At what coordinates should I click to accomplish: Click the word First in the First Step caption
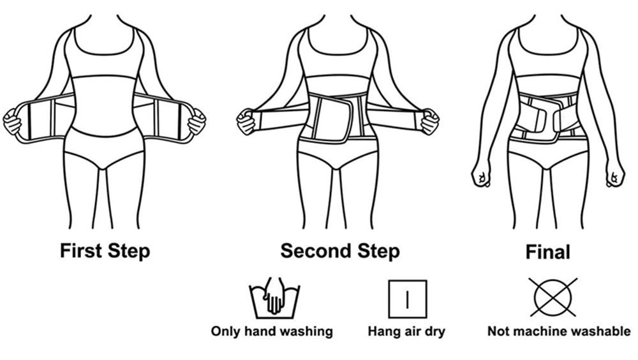click(x=80, y=250)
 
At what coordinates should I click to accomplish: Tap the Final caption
click(x=547, y=251)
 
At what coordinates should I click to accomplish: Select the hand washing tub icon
click(x=274, y=298)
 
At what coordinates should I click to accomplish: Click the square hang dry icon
click(x=407, y=299)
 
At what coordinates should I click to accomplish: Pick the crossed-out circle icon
click(x=553, y=297)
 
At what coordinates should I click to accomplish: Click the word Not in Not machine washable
click(x=498, y=331)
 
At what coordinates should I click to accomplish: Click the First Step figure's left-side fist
click(x=12, y=121)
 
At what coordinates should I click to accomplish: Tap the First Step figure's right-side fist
click(x=197, y=121)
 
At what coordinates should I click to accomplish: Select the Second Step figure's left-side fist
click(x=246, y=121)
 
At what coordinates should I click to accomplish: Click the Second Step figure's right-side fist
click(x=429, y=121)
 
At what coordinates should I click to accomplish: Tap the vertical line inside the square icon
click(x=407, y=299)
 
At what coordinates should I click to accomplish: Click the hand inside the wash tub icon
click(x=274, y=296)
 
